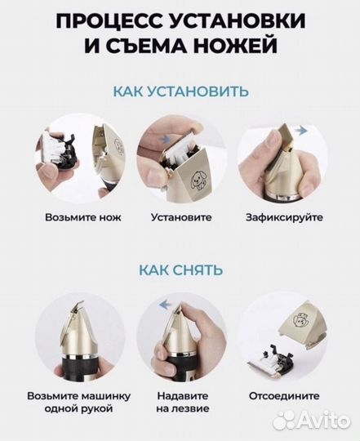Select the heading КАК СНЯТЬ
click(180, 269)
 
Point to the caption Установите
click(181, 218)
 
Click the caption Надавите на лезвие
click(181, 402)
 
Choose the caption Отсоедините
click(284, 395)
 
